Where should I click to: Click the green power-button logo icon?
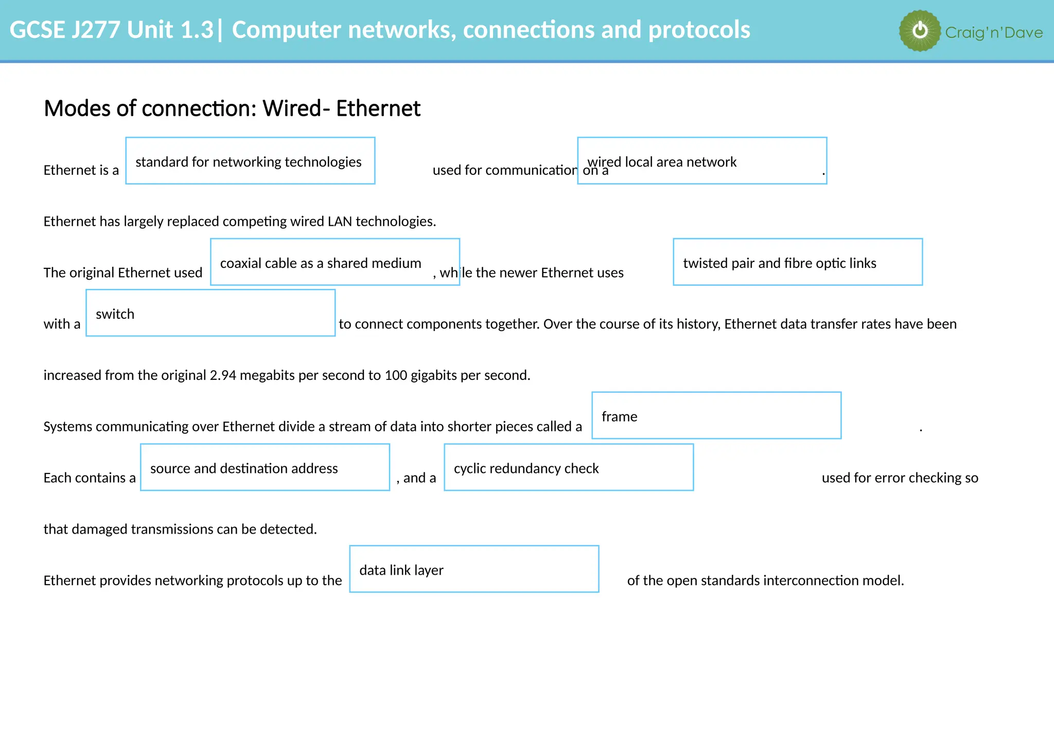pos(920,31)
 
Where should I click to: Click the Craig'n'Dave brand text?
pos(993,33)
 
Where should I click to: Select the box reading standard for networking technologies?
pos(250,161)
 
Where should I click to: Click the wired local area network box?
pos(702,161)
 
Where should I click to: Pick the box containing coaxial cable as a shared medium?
pos(335,262)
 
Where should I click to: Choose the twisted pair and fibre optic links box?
pos(797,262)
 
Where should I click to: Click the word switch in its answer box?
pos(115,314)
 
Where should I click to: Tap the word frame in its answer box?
pos(619,416)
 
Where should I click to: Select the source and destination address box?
pos(265,467)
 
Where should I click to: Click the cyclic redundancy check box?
pos(568,467)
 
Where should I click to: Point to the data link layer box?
pos(473,569)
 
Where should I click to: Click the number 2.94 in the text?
pos(223,375)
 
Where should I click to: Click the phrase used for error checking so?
pos(900,478)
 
